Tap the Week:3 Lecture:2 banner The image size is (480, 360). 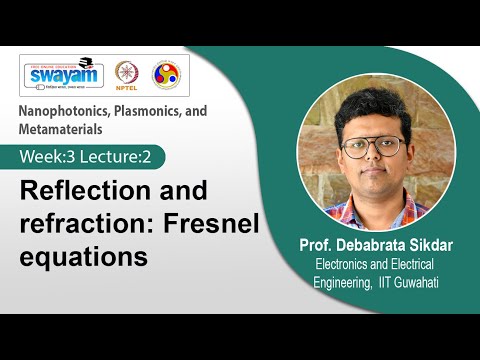click(x=91, y=157)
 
